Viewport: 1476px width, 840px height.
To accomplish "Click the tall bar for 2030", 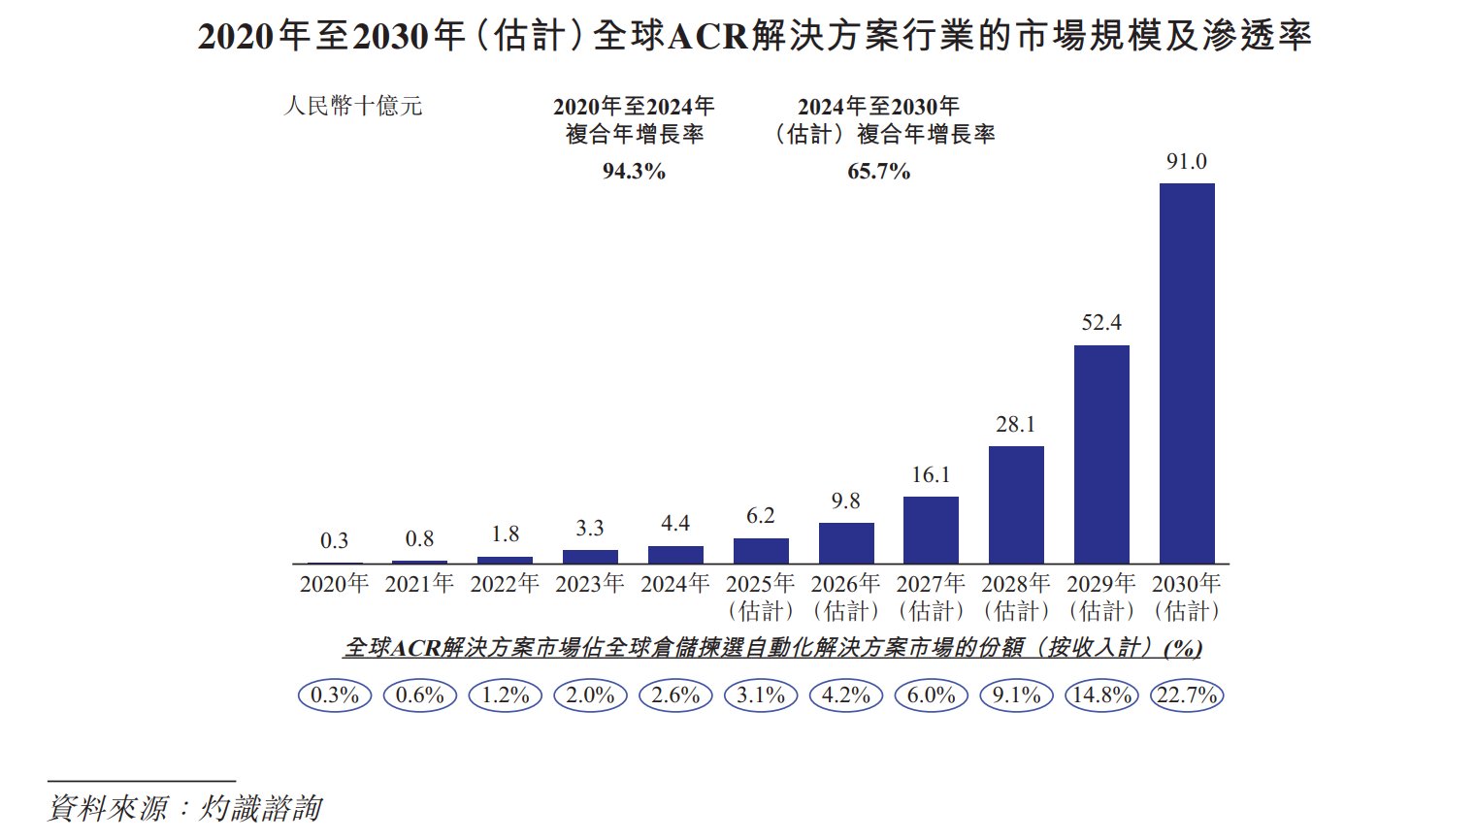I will point(1187,373).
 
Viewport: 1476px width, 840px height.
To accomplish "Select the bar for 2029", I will point(1101,454).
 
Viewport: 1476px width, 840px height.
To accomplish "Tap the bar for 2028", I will point(1016,504).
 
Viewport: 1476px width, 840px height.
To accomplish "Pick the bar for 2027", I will point(931,530).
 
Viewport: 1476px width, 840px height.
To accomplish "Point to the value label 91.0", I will point(1186,162).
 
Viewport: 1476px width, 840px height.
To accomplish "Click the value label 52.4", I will point(1101,323).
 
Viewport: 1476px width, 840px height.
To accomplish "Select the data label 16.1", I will point(931,475).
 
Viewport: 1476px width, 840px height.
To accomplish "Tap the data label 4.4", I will point(675,524).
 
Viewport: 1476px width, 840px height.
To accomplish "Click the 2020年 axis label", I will point(334,584).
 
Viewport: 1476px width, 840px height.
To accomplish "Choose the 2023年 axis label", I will point(589,584).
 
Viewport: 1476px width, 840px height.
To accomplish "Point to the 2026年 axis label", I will point(845,584).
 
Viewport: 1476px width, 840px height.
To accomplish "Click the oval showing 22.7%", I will point(1186,695).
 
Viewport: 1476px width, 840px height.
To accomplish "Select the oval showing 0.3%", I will point(335,695).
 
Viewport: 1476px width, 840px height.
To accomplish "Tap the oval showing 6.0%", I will point(932,695).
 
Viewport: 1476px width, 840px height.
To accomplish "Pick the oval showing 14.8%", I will point(1101,695).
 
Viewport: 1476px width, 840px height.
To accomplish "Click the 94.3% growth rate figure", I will point(634,172).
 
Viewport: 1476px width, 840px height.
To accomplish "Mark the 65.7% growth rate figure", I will point(878,172).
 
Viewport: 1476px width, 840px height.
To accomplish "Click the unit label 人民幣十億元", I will point(353,106).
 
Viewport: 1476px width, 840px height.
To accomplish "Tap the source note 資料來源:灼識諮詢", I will point(184,808).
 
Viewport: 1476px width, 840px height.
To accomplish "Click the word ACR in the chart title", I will point(708,37).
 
